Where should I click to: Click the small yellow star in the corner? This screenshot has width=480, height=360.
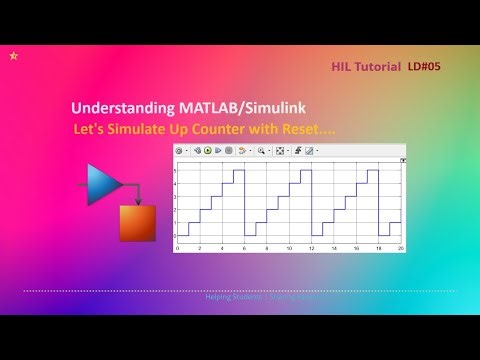click(x=12, y=57)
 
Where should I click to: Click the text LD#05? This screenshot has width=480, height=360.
click(x=424, y=67)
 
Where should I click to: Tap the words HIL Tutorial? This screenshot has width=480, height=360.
click(x=366, y=67)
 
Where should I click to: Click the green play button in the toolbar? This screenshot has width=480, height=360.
click(x=208, y=151)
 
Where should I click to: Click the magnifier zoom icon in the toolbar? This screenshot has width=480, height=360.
click(x=260, y=151)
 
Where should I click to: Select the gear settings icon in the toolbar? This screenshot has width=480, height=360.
click(x=180, y=151)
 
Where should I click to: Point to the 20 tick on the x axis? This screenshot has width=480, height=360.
click(x=402, y=247)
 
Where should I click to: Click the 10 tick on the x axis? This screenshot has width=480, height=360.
click(x=290, y=247)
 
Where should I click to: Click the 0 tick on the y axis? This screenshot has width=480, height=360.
click(x=174, y=236)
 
